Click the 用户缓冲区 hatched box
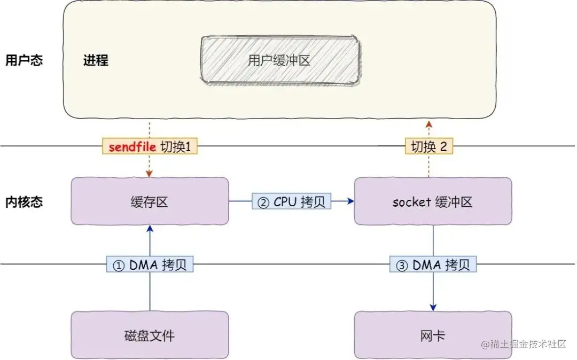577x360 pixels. (279, 60)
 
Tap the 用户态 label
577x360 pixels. (24, 60)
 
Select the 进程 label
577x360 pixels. (96, 60)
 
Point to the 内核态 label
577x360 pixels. (24, 202)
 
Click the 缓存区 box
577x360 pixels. (150, 201)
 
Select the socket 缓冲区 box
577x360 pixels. (433, 201)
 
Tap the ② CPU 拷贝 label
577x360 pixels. (292, 201)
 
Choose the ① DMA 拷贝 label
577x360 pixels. (150, 264)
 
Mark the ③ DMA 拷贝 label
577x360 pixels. (433, 264)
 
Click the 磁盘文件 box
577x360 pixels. (150, 335)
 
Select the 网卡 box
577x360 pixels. (433, 335)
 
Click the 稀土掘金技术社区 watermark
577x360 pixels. (524, 345)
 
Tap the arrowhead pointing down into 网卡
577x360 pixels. (433, 308)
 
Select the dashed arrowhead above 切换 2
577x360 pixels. (428, 124)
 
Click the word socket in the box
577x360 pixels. (411, 202)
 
